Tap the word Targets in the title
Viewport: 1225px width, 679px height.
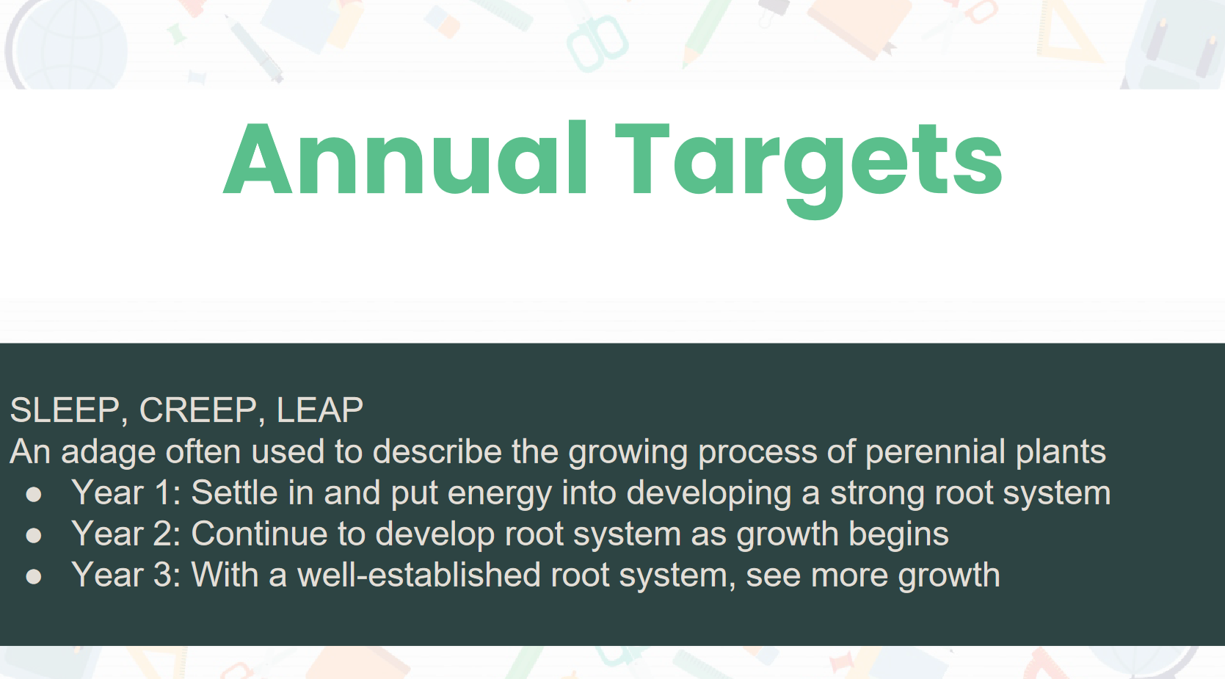[809, 167]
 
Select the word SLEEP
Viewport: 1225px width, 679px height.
[65, 410]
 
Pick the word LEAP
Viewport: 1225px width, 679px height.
[320, 410]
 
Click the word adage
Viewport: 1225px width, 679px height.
[109, 453]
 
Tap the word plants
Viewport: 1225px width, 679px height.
[1061, 453]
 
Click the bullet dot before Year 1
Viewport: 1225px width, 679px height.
[34, 495]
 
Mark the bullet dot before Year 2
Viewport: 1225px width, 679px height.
[34, 536]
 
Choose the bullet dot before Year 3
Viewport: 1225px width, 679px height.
[34, 577]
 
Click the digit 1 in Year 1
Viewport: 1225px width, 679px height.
[163, 493]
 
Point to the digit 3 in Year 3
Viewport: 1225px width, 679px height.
[163, 575]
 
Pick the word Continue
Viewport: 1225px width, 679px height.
[259, 534]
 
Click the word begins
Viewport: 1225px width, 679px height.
[898, 536]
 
